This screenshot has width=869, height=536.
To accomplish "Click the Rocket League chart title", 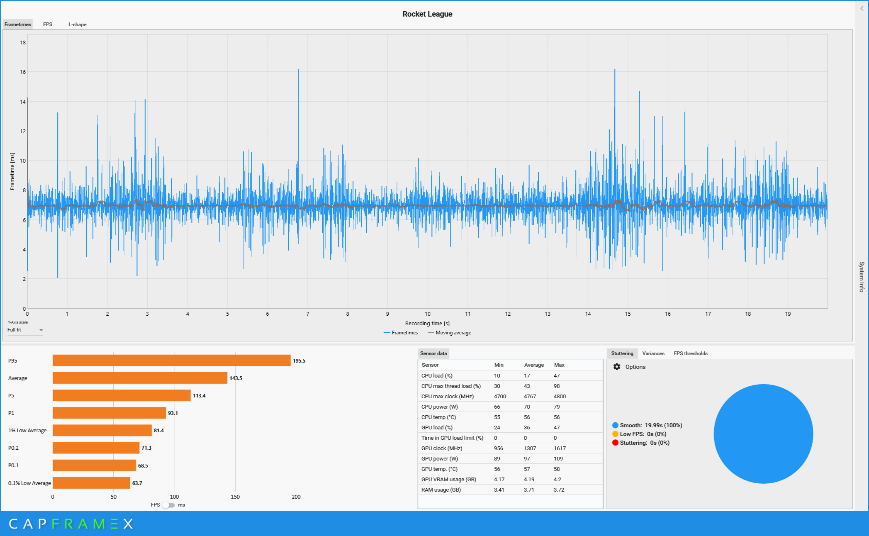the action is click(x=427, y=14).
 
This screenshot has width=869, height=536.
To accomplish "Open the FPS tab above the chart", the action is click(x=48, y=24).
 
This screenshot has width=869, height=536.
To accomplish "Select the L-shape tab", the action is click(x=78, y=24).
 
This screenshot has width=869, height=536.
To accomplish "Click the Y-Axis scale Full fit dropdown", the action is click(x=25, y=330).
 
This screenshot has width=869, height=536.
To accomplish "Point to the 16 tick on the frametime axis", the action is click(x=23, y=72).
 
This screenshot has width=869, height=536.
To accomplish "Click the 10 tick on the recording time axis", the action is click(x=428, y=314).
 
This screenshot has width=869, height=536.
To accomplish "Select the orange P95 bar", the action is click(x=171, y=361).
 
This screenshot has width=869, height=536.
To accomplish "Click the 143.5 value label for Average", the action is click(x=236, y=378).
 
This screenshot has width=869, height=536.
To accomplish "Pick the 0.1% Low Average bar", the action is click(x=91, y=483).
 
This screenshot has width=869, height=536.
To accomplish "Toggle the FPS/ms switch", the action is click(x=168, y=505).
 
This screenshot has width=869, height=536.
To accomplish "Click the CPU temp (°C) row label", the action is click(x=438, y=417).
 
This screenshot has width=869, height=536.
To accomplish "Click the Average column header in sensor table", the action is click(x=534, y=365).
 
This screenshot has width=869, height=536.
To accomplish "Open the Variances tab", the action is click(x=653, y=353).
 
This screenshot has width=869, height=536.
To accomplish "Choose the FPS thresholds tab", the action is click(x=691, y=353).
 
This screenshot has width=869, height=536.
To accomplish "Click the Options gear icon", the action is click(x=617, y=367).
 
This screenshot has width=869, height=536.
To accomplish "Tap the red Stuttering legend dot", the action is click(x=615, y=443).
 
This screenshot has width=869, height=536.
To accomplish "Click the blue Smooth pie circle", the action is click(x=763, y=434).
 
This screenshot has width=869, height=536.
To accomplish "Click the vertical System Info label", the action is click(x=862, y=277).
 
